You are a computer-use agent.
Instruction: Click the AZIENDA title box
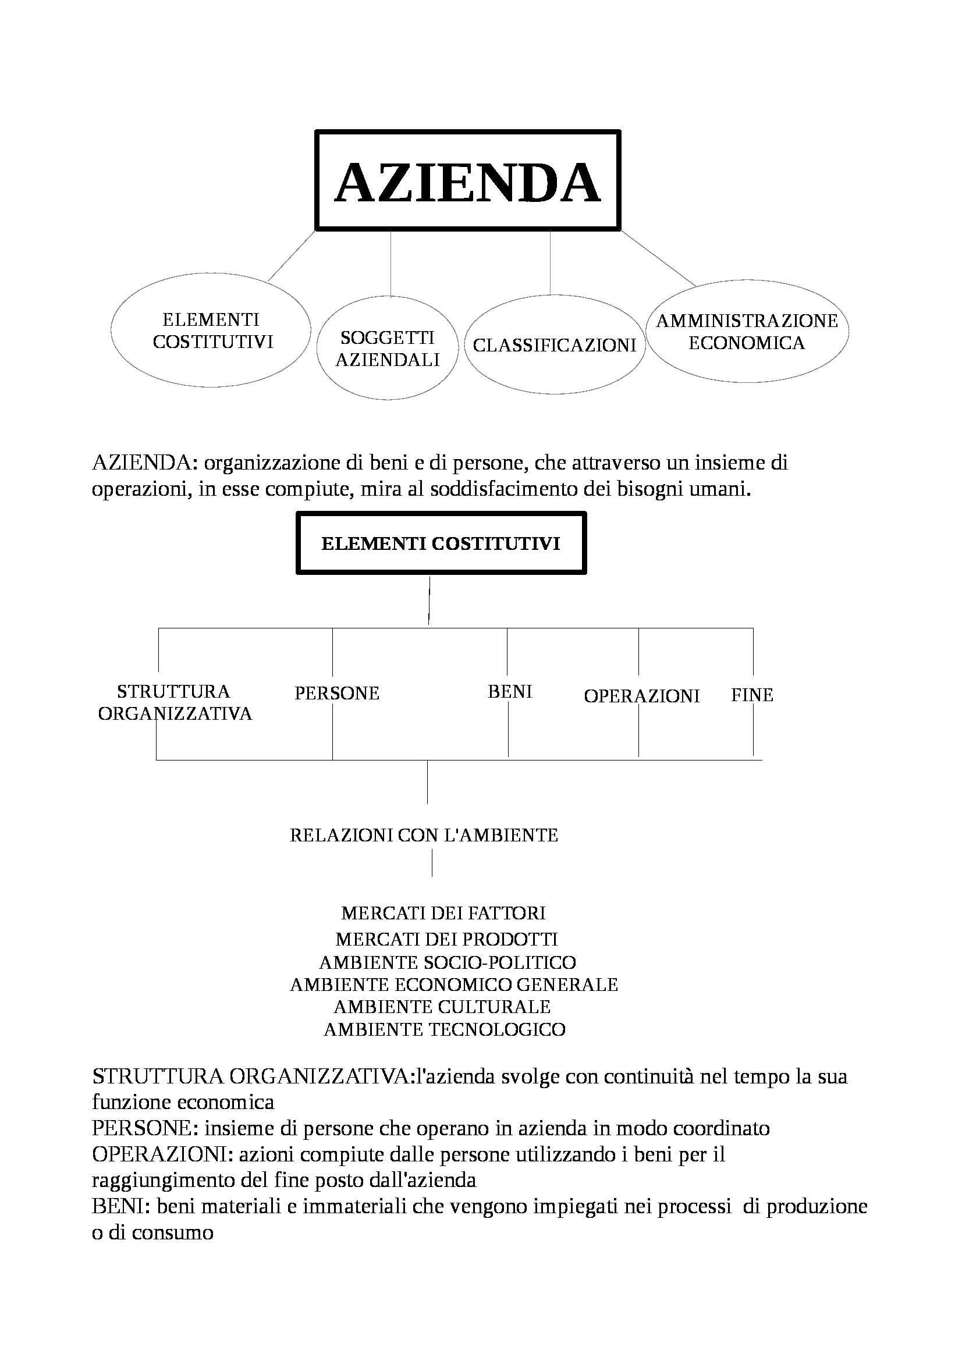(468, 180)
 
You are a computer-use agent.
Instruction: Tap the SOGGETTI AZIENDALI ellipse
(387, 349)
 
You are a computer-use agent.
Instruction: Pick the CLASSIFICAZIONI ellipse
(554, 344)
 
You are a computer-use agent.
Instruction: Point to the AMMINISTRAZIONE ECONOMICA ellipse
(746, 332)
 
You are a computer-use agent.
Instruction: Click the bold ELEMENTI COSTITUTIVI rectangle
(441, 543)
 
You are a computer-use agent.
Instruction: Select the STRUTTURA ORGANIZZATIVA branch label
(175, 702)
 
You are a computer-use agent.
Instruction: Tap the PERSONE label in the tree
(336, 693)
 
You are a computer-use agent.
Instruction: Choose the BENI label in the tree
(510, 691)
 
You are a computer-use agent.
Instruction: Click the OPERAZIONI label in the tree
(641, 695)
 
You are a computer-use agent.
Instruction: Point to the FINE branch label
(751, 695)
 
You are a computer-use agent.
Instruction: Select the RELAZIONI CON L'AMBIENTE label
(424, 835)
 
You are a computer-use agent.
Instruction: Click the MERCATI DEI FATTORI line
(443, 913)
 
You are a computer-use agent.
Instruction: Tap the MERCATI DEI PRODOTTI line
(446, 939)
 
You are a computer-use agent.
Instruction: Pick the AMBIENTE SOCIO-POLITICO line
(448, 961)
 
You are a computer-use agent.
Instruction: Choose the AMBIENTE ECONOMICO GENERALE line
(453, 985)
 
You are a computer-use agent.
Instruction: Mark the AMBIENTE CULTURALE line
(442, 1007)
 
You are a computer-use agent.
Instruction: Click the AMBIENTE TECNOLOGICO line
(445, 1029)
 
